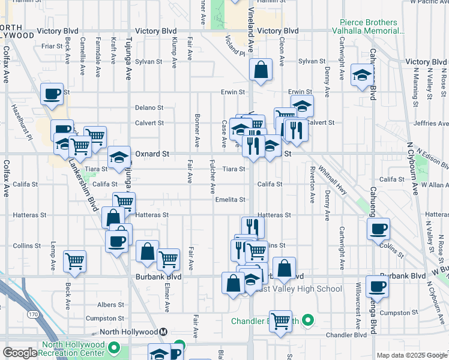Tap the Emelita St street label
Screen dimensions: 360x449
[231, 200]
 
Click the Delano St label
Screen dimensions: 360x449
[149, 107]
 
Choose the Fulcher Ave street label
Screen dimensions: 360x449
[212, 176]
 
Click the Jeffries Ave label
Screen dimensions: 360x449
[431, 124]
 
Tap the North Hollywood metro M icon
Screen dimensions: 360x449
[163, 332]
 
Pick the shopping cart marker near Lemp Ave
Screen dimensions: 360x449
[74, 260]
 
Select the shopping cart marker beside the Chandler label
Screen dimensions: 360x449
[280, 320]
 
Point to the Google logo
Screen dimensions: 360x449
[20, 353]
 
